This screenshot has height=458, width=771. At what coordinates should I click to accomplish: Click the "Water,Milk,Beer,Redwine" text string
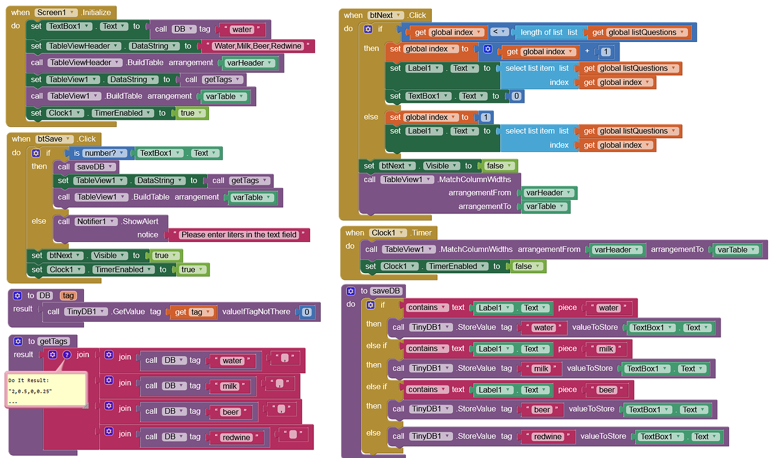[x=258, y=46]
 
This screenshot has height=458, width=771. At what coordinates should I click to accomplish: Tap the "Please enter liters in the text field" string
[x=239, y=235]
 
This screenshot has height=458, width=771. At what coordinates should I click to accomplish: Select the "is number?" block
[x=99, y=153]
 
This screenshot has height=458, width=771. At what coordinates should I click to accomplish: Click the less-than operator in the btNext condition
[x=499, y=32]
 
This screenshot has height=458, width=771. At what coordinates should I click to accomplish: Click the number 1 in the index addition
[x=606, y=52]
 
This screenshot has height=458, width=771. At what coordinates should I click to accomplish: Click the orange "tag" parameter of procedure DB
[x=68, y=295]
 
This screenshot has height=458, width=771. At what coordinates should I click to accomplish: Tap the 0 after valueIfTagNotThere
[x=307, y=312]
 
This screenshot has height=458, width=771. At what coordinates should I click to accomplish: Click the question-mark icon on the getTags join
[x=67, y=355]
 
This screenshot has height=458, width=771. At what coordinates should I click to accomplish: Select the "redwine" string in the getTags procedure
[x=236, y=437]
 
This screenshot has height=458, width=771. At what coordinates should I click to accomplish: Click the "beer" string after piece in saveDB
[x=607, y=390]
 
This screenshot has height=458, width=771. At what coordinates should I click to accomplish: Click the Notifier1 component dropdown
[x=96, y=222]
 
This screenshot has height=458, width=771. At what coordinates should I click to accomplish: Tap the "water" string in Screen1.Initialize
[x=242, y=30]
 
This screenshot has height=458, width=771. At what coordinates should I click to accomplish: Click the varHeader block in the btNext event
[x=548, y=193]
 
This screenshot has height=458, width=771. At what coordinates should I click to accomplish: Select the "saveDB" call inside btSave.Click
[x=86, y=167]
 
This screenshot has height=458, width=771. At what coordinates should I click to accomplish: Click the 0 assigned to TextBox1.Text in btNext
[x=516, y=96]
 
